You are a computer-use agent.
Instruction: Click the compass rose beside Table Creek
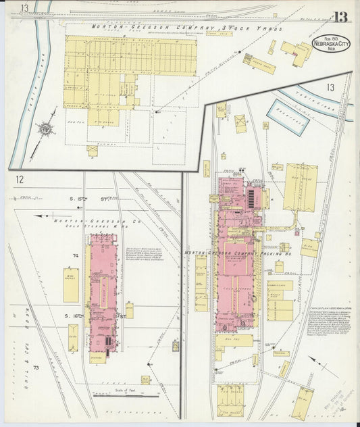click(44, 128)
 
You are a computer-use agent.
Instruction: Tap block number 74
click(76, 255)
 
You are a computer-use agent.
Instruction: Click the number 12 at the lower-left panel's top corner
click(20, 180)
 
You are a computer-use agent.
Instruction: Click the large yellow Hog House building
click(301, 187)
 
